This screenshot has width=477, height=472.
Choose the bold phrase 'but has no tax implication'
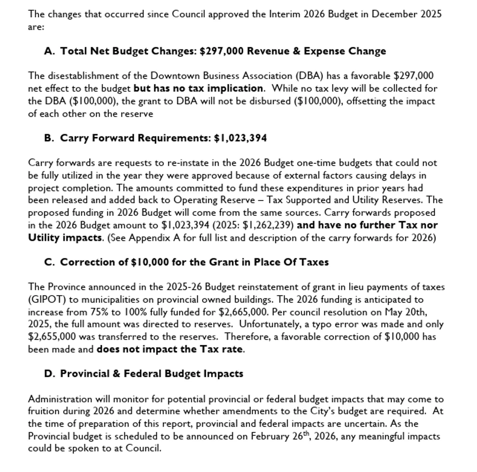[x=198, y=88]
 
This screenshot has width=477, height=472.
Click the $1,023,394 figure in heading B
[x=240, y=138]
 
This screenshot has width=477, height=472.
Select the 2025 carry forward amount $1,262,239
[x=268, y=225]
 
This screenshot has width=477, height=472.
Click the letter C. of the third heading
[x=50, y=262]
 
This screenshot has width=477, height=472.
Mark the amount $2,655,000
[x=52, y=337]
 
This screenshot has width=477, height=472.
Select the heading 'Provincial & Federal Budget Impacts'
[x=151, y=374]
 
